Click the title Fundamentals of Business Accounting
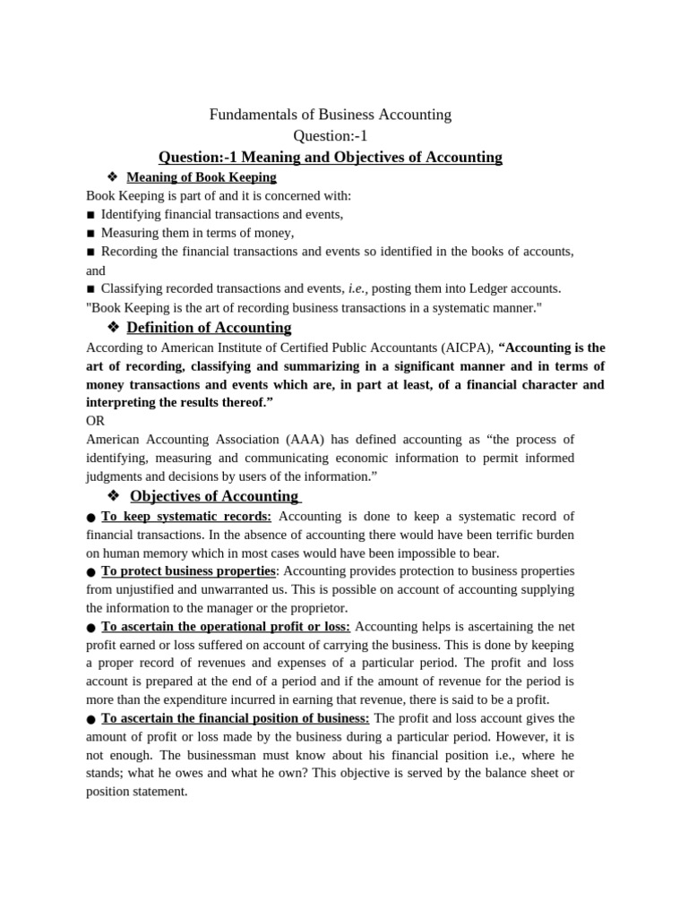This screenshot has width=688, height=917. coord(330,115)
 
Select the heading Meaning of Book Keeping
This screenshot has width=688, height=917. coord(201,177)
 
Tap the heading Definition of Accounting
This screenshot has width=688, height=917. coord(209,327)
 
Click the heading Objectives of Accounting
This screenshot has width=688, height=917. coord(215,496)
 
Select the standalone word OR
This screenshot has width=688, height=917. coord(95,420)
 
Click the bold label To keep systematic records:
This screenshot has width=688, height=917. coord(185,517)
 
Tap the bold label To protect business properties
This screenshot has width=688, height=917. coord(188,571)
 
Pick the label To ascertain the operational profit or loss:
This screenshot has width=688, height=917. coord(226,627)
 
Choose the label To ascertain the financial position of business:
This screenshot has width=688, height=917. coord(235,718)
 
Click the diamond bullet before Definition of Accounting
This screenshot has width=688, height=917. coord(113,327)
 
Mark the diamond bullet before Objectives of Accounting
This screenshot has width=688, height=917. coord(113,496)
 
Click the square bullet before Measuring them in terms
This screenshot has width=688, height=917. coord(90,233)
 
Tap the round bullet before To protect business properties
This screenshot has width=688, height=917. coord(91,572)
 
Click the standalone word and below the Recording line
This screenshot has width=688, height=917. coord(96,270)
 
